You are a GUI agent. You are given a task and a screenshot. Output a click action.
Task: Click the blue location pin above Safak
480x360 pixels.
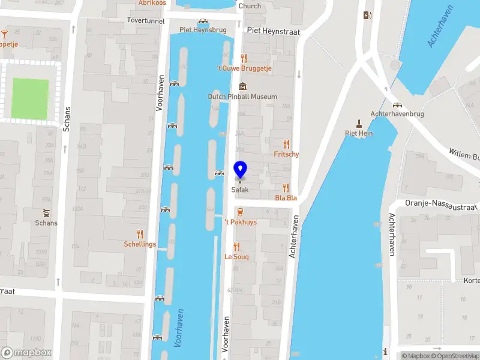(240, 170)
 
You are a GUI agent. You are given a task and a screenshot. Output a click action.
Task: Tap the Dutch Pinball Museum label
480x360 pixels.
(242, 97)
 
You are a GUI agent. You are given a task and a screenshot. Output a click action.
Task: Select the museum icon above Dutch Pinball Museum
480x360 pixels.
(242, 86)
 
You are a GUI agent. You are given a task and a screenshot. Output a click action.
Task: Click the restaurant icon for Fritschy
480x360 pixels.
(286, 144)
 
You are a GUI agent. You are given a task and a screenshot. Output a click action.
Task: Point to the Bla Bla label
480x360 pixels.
(286, 198)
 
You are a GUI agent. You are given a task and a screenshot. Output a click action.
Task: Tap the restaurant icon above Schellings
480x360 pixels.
(140, 234)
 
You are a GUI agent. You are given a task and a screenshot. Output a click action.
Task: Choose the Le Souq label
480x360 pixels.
(236, 257)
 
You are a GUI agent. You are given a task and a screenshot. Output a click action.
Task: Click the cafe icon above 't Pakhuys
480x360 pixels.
(240, 212)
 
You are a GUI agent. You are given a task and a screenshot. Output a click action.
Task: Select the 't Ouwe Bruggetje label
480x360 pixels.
(244, 69)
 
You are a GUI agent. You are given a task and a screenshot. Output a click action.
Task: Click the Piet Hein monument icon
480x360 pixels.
(359, 123)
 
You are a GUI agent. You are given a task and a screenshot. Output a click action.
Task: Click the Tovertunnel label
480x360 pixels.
(145, 20)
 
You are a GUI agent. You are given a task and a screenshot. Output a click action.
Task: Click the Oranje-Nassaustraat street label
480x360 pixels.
(441, 206)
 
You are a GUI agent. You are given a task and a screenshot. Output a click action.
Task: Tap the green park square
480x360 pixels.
(30, 99)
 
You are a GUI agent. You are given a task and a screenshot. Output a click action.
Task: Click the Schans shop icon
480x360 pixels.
(46, 213)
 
